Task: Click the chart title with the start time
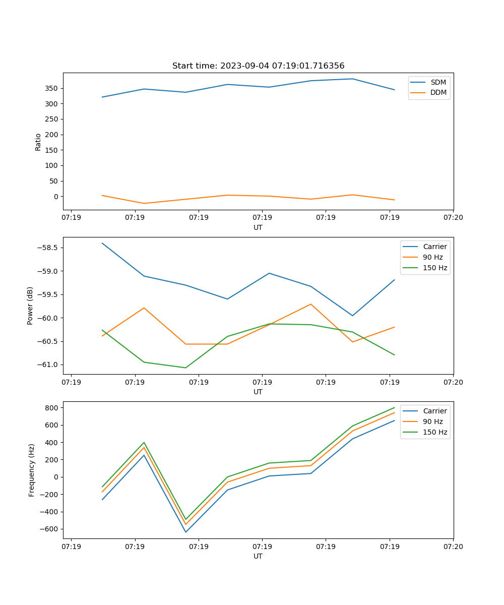click(258, 66)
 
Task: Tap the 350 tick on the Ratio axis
click(52, 88)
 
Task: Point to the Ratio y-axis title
click(38, 142)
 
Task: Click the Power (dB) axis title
click(30, 306)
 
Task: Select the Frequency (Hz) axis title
click(32, 470)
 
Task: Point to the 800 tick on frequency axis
click(52, 407)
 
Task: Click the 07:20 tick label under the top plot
click(453, 217)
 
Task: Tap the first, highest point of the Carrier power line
click(102, 243)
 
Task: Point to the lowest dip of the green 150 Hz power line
click(185, 368)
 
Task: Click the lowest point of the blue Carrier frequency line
click(185, 532)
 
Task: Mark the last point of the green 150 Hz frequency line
click(394, 407)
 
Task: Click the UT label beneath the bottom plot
click(258, 556)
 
